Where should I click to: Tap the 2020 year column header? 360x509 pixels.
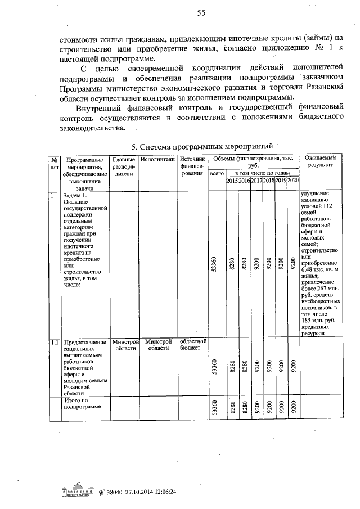point(292,180)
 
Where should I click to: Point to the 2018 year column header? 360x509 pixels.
point(268,180)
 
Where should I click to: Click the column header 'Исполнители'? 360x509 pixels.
point(158,160)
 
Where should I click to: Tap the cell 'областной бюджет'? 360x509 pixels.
point(193,345)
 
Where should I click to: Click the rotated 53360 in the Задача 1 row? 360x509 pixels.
point(214,264)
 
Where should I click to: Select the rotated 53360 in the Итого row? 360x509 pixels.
point(214,409)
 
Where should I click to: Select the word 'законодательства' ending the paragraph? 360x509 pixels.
point(89,128)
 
